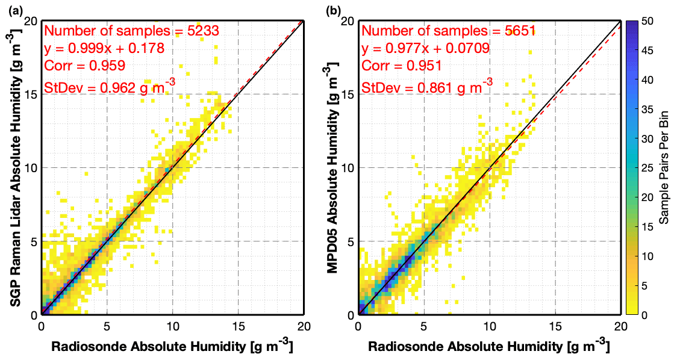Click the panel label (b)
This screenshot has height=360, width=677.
coord(334,9)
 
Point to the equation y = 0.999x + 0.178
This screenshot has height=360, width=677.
coord(104,48)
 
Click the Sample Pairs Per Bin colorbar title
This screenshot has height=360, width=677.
coord(665,168)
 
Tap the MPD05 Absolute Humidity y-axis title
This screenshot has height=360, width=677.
coord(332,168)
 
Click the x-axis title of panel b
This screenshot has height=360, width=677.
coord(488,347)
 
